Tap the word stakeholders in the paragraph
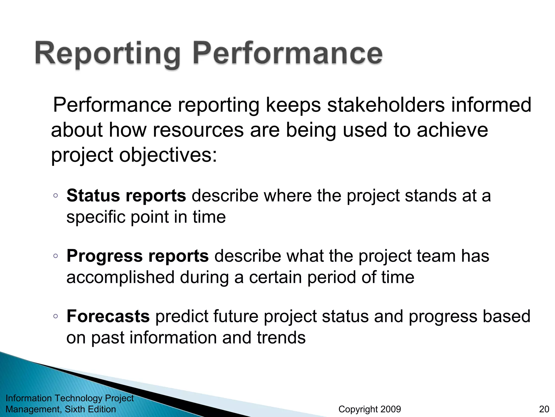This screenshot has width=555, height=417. pos(386,105)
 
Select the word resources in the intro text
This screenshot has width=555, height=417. pos(198,130)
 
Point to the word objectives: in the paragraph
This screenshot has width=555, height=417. pos(168,155)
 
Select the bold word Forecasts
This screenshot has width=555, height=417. pos(108,316)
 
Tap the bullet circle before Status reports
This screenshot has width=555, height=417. pos(56,196)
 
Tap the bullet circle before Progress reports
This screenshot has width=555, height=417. pos(56,256)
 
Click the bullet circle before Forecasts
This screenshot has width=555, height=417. pos(56,316)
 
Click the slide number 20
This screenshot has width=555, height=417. pos(544,409)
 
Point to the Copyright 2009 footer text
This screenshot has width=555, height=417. pos(370,409)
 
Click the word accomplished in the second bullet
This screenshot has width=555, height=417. pos(120,277)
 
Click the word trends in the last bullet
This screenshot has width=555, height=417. pos(281,338)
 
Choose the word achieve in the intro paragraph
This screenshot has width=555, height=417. pos(452,130)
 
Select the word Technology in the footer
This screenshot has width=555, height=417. pos(79,398)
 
